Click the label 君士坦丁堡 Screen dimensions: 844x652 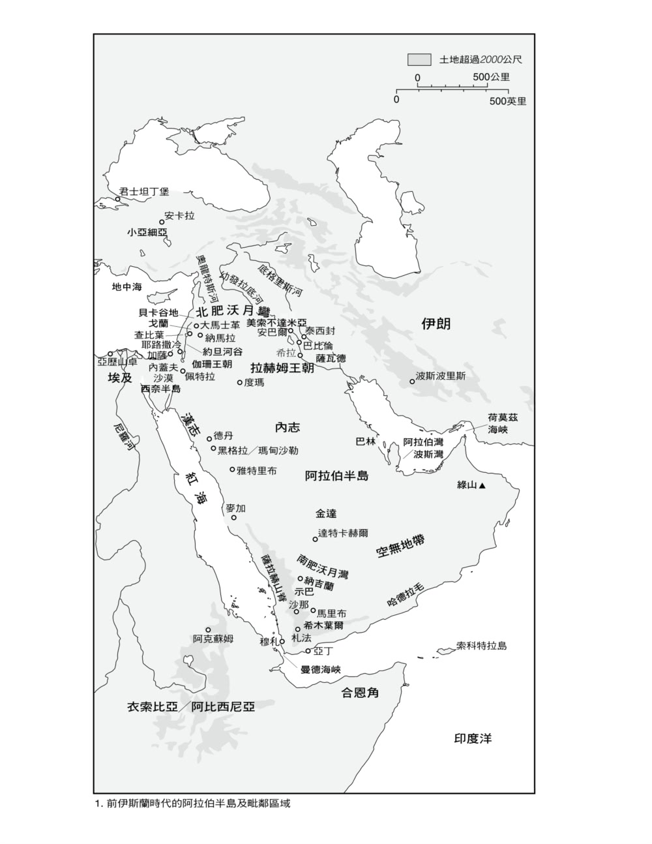point(144,192)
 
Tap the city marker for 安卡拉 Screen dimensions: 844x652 point(162,222)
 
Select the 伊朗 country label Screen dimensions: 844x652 point(436,324)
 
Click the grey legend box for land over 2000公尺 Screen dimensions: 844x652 point(419,59)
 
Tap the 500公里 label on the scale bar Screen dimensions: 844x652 point(491,77)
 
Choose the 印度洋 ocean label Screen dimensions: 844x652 point(473,738)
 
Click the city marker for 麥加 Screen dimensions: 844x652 point(234,518)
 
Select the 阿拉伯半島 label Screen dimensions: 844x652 point(336,475)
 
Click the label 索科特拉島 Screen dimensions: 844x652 point(481,646)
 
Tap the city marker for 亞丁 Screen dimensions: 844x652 point(308,651)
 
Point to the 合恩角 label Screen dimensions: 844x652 point(361,693)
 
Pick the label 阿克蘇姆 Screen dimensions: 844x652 point(213,638)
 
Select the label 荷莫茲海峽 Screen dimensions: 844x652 point(503,424)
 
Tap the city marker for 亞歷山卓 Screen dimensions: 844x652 point(110,354)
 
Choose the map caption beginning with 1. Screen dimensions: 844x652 point(192,803)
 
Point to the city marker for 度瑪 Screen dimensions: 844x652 point(239,383)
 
